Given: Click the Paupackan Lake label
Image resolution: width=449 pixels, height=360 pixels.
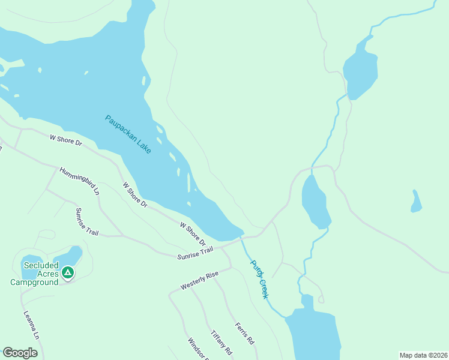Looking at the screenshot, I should (128, 134).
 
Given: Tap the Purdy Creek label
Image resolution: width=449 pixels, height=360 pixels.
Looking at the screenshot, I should (259, 279).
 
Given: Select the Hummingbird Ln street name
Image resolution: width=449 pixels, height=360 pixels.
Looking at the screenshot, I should (79, 181).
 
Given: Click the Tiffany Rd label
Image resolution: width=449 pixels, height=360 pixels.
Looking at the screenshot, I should (221, 342).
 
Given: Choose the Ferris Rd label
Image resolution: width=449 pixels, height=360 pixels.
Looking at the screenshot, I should (244, 332).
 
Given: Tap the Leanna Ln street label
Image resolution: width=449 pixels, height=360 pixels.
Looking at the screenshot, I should (31, 326).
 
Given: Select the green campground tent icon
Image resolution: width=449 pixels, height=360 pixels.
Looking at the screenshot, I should (68, 273).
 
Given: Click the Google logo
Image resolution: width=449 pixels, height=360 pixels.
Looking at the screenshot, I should (20, 353).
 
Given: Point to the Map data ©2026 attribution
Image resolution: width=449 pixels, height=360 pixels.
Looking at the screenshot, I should (424, 355).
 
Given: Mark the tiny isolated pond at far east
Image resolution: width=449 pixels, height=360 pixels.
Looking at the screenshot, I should (416, 202).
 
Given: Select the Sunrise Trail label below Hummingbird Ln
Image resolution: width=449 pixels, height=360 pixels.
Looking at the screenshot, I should (86, 222).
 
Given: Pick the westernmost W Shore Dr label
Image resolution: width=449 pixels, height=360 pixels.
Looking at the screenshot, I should (65, 140).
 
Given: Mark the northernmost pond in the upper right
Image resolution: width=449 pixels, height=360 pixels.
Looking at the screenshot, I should (360, 69).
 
